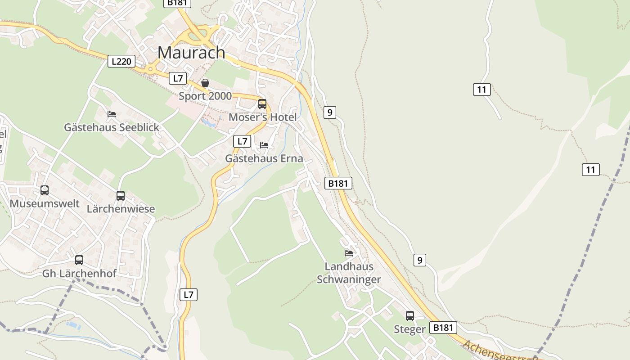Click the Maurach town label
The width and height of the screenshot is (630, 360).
191,52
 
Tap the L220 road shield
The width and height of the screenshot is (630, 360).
121,61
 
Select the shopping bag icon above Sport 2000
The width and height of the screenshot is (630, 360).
205,83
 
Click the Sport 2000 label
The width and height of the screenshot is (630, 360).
205,96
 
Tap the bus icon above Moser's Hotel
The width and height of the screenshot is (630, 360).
262,104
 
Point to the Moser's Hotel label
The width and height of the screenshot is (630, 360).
263,117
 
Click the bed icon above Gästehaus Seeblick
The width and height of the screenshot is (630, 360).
112,114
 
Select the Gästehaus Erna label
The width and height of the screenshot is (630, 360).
264,158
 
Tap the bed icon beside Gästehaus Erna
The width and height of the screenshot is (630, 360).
264,145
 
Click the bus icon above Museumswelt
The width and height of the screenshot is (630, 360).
45,190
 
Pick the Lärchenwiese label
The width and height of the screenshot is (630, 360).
121,209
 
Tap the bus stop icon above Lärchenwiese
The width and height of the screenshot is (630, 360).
121,196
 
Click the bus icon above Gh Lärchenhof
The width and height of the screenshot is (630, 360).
79,260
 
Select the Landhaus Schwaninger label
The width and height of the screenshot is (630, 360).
349,273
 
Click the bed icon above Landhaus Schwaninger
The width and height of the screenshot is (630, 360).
349,253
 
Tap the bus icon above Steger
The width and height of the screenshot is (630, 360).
409,316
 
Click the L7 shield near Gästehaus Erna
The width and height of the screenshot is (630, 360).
242,141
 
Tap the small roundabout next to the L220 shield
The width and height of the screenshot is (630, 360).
150,69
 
